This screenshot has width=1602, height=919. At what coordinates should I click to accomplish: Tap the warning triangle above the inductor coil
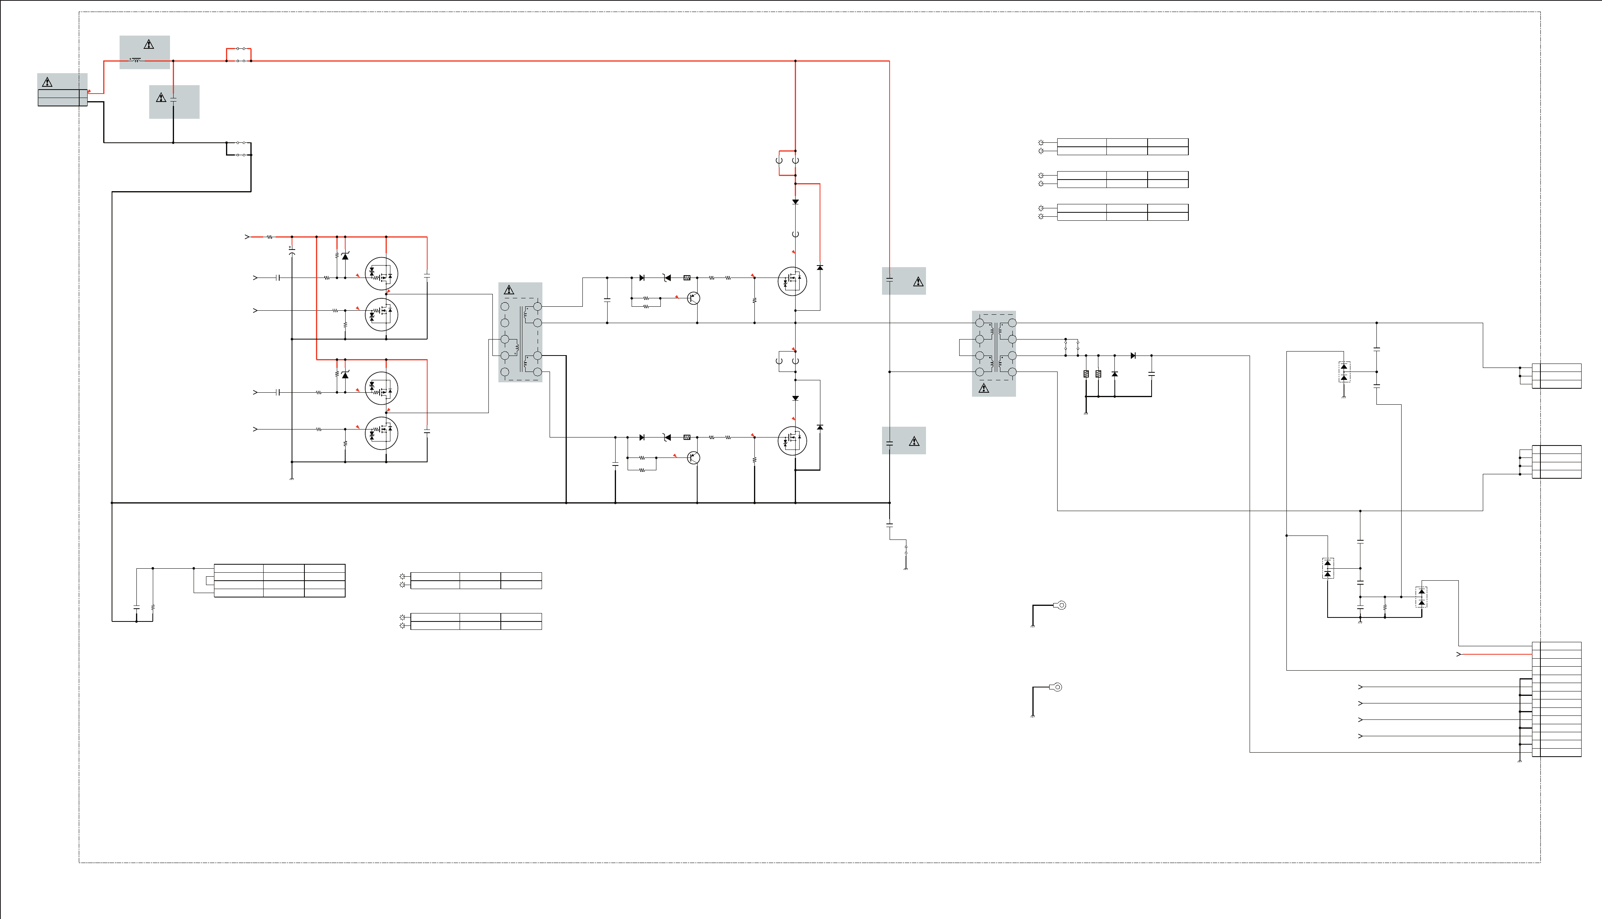[x=149, y=44]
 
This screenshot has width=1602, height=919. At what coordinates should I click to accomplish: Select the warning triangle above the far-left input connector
[x=47, y=82]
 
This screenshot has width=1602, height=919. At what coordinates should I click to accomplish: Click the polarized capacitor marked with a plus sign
[x=292, y=251]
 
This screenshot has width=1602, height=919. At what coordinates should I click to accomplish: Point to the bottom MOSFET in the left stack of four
[x=381, y=433]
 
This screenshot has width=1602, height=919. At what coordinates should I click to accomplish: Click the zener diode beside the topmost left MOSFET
[x=345, y=256]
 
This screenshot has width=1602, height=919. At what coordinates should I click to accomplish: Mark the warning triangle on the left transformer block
[x=509, y=290]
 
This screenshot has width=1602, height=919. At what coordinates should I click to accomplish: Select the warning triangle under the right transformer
[x=984, y=389]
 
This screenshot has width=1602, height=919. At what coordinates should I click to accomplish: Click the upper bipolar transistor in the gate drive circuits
[x=694, y=298]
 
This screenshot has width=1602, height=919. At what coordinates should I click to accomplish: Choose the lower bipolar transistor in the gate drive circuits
[x=694, y=458]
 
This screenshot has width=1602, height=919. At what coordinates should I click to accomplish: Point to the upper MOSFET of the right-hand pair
[x=792, y=281]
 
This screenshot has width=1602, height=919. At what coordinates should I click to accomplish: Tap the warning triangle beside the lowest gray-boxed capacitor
[x=914, y=441]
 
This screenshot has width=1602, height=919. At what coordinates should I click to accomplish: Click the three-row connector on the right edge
[x=1556, y=376]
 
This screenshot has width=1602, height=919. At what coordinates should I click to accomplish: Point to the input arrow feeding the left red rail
[x=247, y=237]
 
